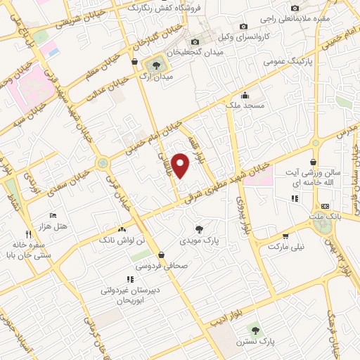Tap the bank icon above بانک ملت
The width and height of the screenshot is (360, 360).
pos(324,206)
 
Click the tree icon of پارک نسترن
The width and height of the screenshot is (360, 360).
pos(255,328)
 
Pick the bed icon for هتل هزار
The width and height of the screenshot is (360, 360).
pos(51,214)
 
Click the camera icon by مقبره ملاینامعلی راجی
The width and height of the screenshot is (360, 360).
pos(295,8)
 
